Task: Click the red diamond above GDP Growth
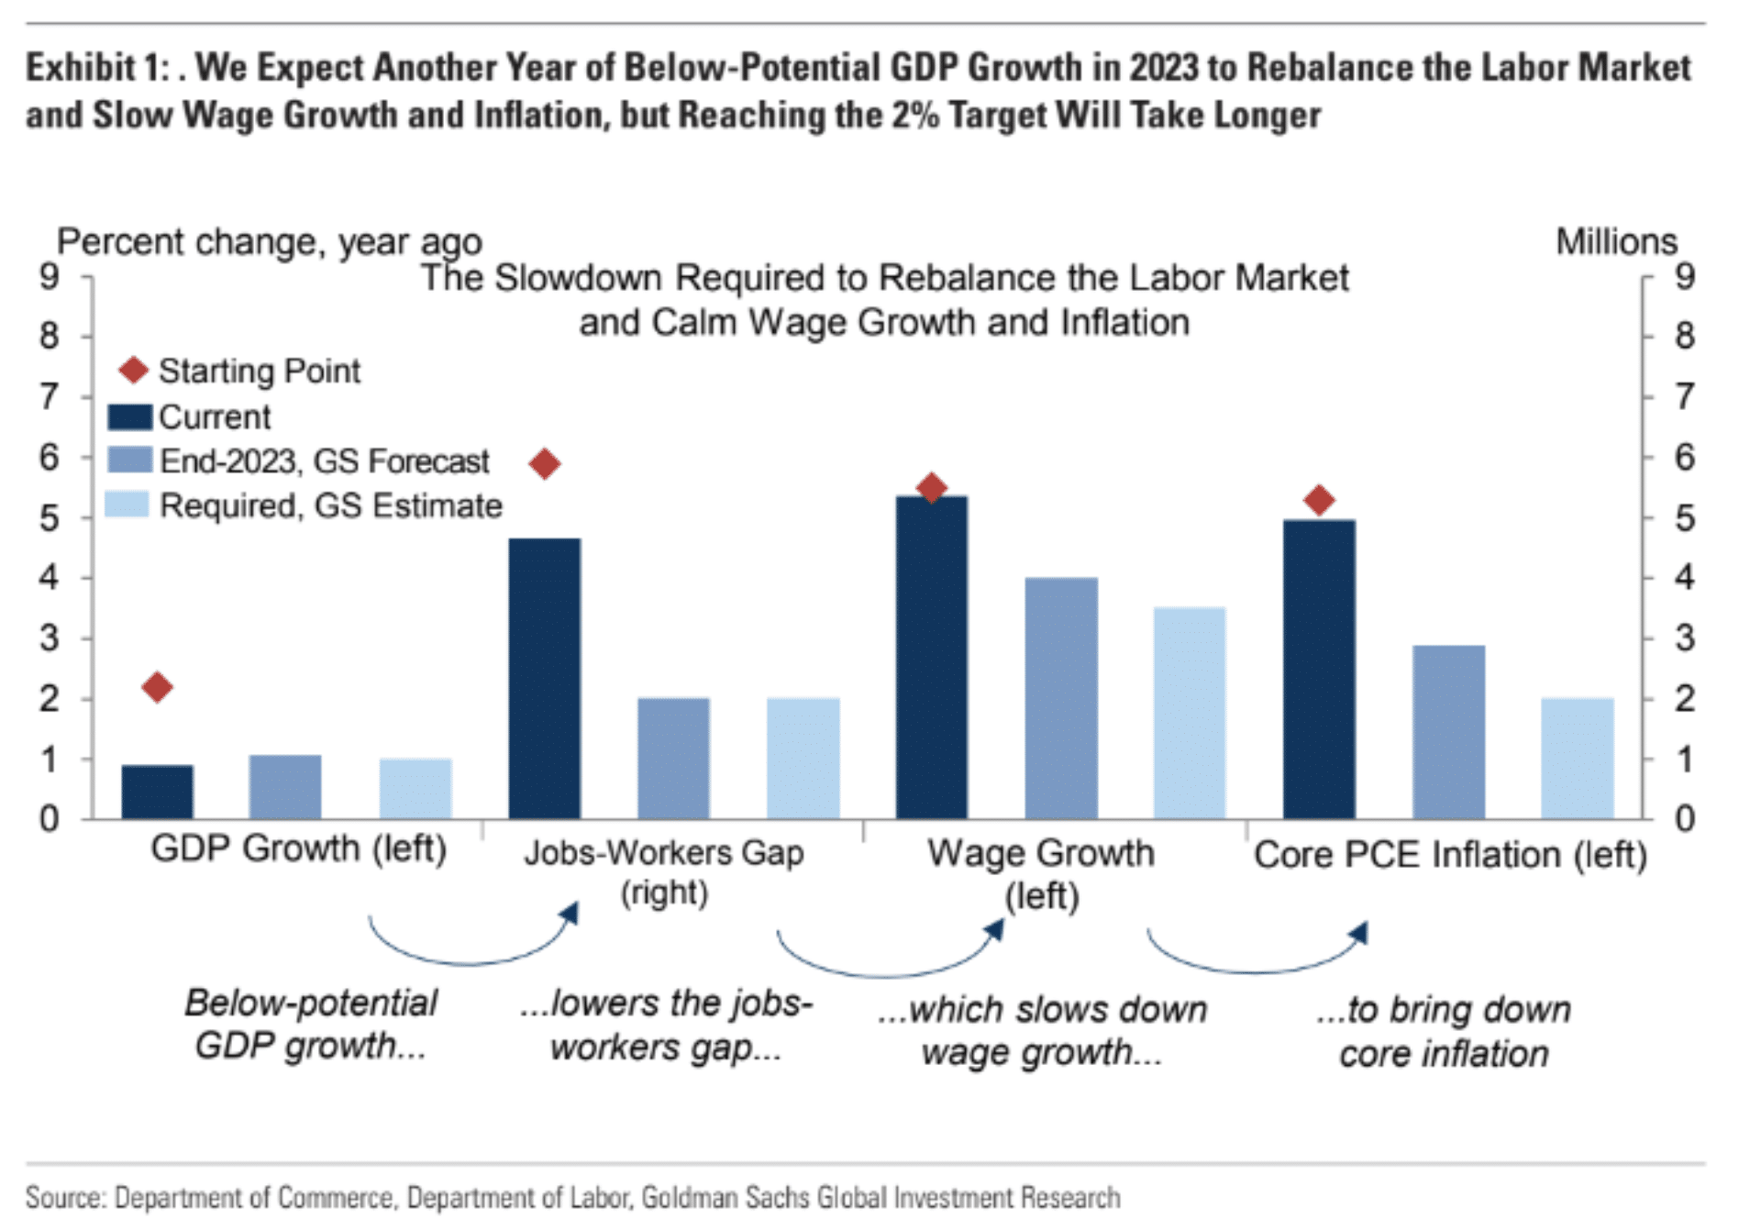point(158,687)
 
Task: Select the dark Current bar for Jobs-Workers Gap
point(545,679)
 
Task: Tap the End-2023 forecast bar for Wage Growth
point(1061,698)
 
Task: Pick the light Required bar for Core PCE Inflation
point(1578,759)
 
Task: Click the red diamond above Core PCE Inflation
point(1319,500)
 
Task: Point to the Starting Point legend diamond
point(134,371)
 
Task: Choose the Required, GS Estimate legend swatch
point(127,505)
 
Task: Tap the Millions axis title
point(1616,242)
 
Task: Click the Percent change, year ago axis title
point(270,242)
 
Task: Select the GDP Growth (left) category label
point(298,848)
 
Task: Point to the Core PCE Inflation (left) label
point(1450,855)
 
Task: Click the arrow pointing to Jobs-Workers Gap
point(569,914)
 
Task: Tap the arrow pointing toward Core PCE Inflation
point(1359,934)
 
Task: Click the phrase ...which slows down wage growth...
point(1042,1031)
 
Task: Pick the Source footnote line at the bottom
point(573,1197)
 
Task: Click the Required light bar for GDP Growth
point(415,789)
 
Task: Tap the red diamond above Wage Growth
point(932,487)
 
